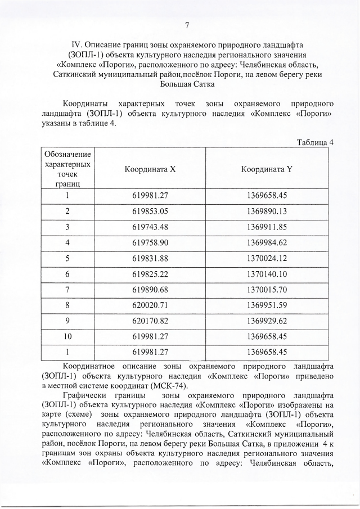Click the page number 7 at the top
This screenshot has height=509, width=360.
pos(187,24)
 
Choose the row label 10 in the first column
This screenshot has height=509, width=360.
pos(67,337)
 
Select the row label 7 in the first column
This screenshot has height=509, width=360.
pos(67,290)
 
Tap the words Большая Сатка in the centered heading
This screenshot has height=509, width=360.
pos(187,84)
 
